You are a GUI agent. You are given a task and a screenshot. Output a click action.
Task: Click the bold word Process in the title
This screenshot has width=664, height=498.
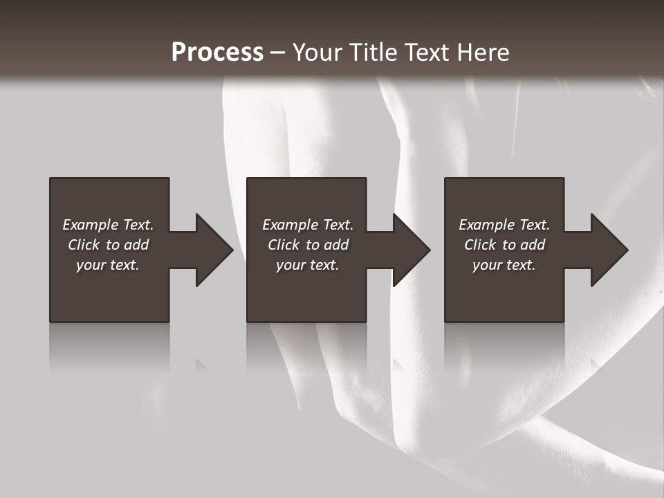217,53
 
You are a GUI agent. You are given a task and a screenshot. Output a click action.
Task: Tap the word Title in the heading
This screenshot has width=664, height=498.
369,53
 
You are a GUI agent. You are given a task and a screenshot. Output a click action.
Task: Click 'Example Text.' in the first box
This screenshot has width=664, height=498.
108,225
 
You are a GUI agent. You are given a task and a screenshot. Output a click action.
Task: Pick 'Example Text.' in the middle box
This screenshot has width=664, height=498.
308,225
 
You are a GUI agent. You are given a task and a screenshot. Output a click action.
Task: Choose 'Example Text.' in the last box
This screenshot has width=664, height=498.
504,225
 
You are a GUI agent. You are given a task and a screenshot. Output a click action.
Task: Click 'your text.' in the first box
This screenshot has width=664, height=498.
108,265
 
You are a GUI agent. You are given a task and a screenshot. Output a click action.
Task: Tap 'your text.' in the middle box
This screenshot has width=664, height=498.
308,265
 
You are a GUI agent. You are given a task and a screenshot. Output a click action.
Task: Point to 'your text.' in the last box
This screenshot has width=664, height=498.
504,265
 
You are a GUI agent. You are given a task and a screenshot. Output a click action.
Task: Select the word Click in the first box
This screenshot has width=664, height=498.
84,245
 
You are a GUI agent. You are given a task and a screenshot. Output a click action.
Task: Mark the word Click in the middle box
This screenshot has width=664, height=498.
284,245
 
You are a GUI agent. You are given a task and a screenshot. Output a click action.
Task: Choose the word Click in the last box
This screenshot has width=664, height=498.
480,245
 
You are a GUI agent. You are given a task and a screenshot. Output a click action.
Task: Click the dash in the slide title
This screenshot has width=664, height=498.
277,53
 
